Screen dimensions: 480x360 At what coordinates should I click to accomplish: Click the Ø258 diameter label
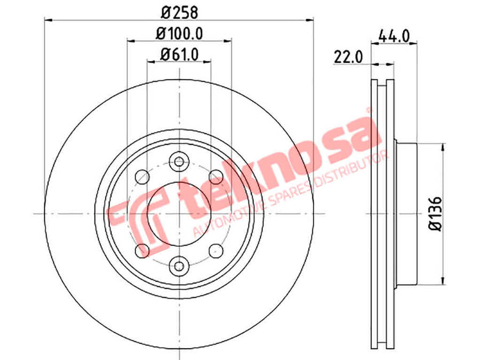[x=180, y=13]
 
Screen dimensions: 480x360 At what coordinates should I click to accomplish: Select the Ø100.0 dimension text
[x=179, y=34]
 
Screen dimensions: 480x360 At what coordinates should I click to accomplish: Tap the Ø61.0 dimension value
[x=180, y=54]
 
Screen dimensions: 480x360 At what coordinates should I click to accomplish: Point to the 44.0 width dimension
[x=394, y=37]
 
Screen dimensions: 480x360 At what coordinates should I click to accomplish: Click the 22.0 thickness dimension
[x=348, y=57]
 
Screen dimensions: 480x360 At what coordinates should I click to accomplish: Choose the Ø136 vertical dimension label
[x=436, y=214]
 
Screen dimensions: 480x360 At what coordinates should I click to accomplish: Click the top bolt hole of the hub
[x=179, y=161]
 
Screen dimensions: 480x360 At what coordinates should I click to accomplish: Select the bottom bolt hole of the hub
[x=179, y=266]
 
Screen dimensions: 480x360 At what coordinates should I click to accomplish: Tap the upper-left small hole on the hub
[x=142, y=177]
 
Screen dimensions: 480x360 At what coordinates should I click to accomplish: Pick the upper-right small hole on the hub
[x=216, y=177]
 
